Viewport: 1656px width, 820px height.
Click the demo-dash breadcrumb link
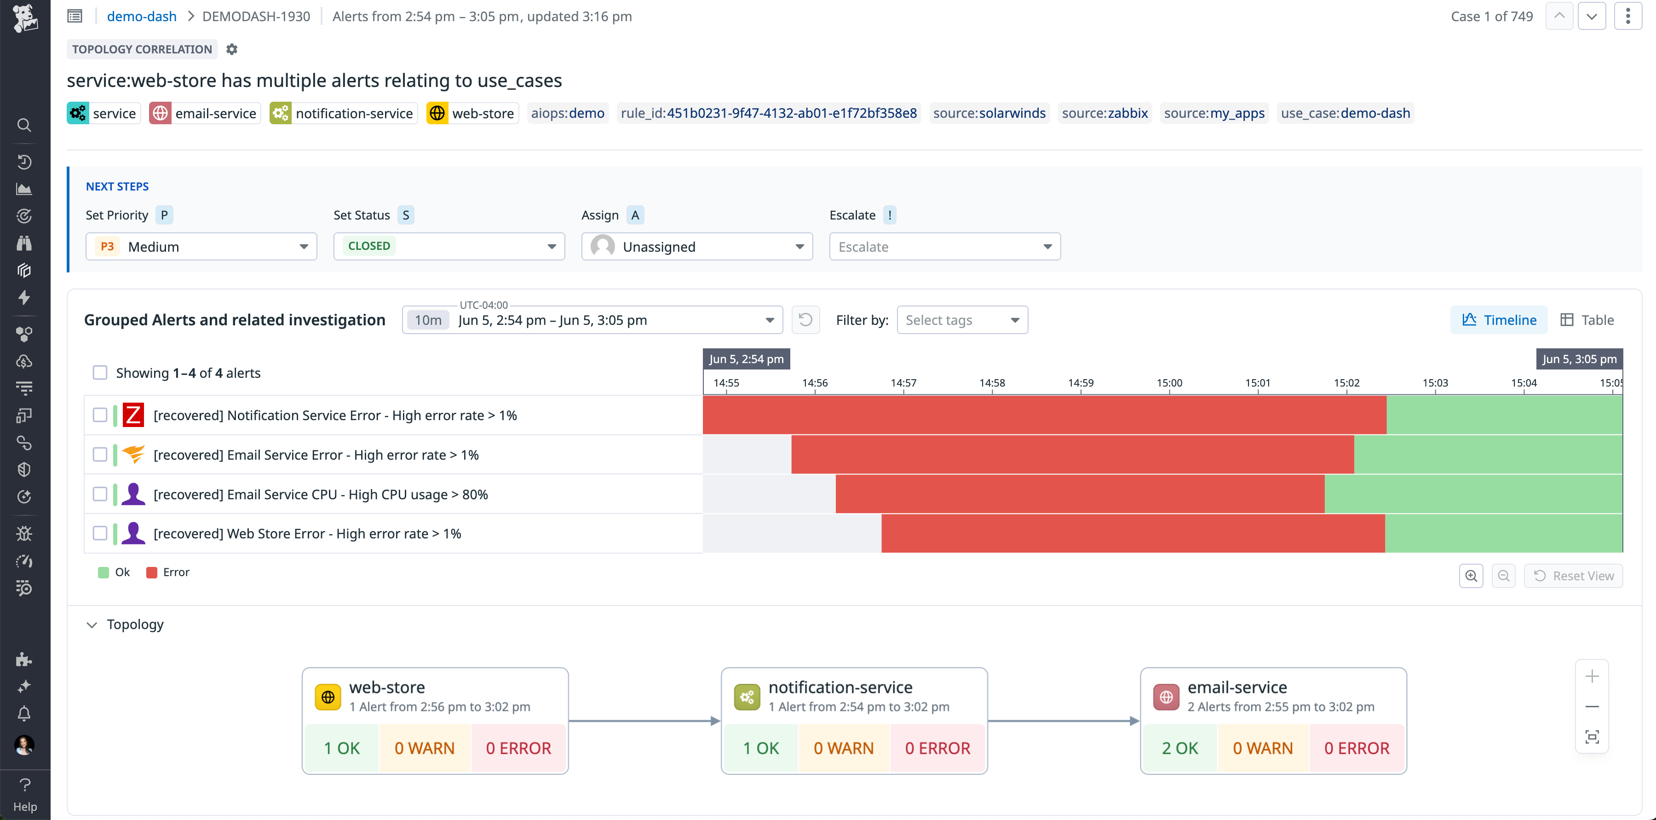coord(141,17)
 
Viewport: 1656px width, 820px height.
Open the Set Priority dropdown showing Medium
coord(201,247)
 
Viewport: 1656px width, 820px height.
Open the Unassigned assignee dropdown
coord(697,247)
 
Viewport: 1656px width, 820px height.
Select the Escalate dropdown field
coord(944,247)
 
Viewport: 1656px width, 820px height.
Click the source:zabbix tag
coord(1104,113)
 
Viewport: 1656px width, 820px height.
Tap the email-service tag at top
coord(205,114)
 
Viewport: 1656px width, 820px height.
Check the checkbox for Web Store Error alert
coord(100,534)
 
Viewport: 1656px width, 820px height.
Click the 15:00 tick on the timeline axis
coord(1169,383)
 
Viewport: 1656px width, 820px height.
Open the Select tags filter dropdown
coord(962,320)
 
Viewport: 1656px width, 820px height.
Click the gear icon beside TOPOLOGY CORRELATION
coord(232,50)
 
